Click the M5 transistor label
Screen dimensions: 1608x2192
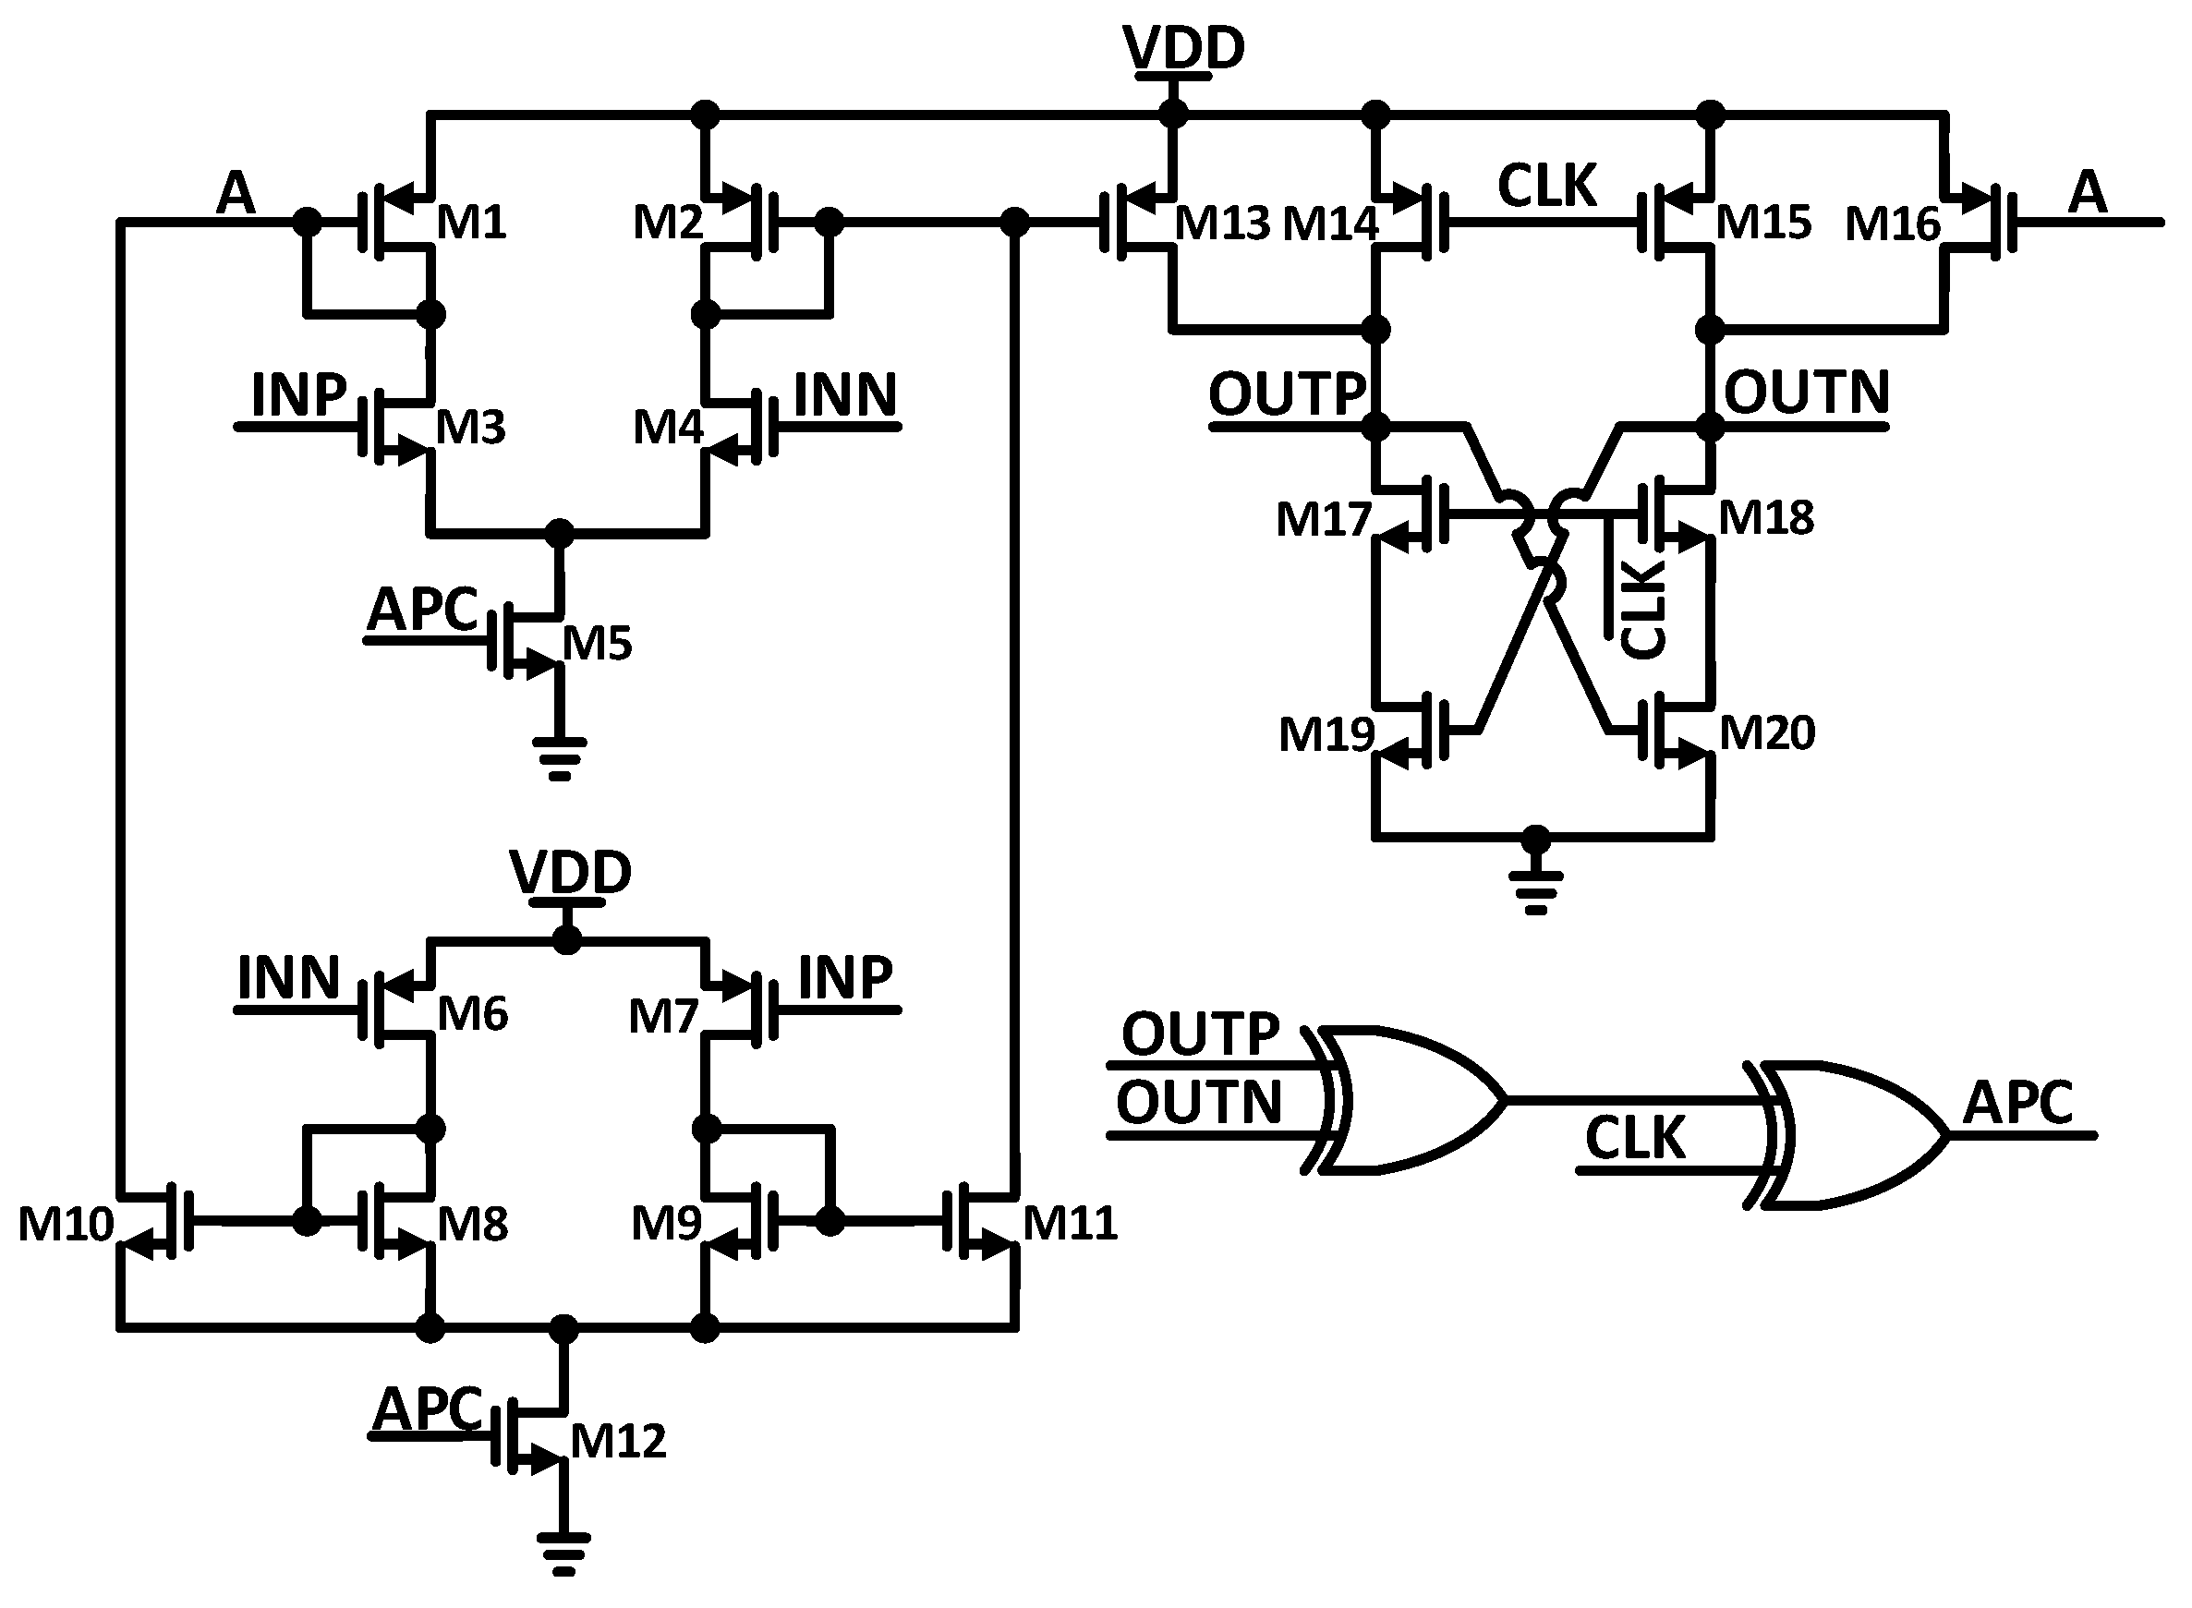(597, 644)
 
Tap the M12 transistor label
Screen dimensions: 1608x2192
(618, 1442)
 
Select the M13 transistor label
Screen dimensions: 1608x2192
(1221, 224)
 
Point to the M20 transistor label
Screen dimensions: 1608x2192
(1767, 733)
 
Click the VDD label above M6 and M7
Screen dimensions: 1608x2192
(570, 872)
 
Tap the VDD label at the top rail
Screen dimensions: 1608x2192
(1182, 48)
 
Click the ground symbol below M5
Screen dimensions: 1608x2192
(559, 758)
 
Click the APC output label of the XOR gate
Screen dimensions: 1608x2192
(2016, 1103)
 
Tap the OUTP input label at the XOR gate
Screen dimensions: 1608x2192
(1199, 1034)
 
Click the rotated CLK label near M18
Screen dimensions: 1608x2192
(1643, 611)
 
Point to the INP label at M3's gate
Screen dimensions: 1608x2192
(298, 394)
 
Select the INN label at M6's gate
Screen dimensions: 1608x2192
(288, 977)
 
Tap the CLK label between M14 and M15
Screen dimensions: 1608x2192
(1546, 185)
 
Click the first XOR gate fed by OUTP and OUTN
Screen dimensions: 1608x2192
(1411, 1100)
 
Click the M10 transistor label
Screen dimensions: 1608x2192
(66, 1224)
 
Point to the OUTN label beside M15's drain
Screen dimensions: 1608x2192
(1806, 393)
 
